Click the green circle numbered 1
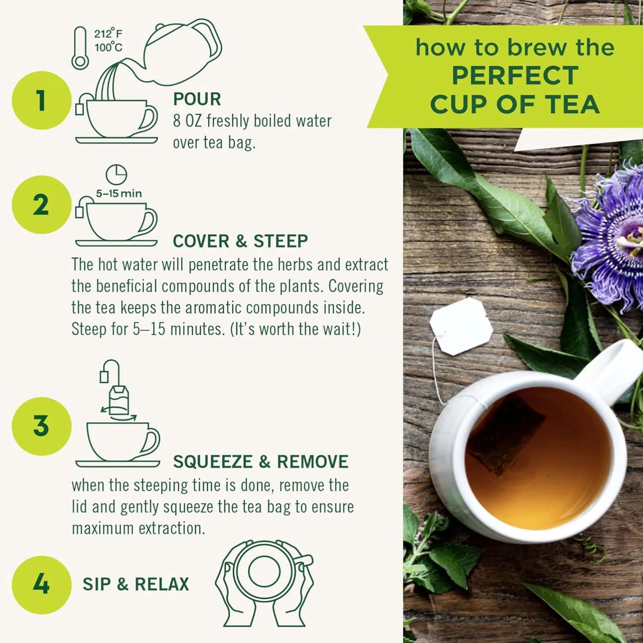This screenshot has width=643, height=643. [x=41, y=100]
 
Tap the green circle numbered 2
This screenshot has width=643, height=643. [x=41, y=205]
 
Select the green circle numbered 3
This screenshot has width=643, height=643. [x=41, y=426]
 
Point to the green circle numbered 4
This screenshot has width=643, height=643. [x=41, y=584]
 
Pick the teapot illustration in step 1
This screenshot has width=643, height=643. [x=182, y=51]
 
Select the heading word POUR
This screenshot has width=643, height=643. [x=197, y=99]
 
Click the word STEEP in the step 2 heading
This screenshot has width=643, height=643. [x=280, y=241]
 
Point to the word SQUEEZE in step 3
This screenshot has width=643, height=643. [x=213, y=462]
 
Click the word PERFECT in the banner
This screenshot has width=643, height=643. [x=515, y=76]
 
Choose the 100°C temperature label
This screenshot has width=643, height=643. [x=108, y=47]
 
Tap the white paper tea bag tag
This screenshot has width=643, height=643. [x=461, y=326]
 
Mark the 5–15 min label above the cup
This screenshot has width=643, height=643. [x=119, y=194]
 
